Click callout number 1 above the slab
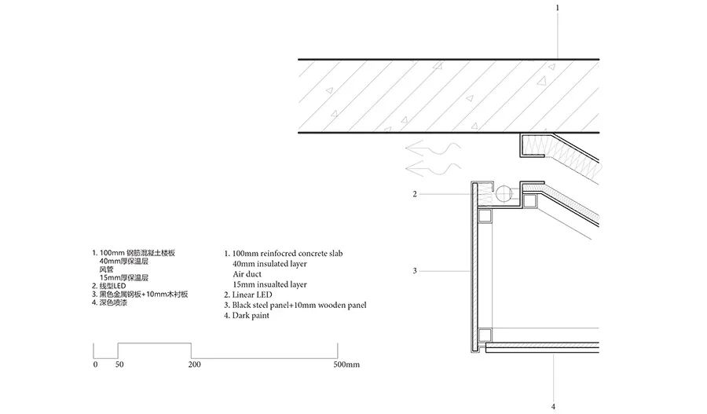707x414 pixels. point(557,8)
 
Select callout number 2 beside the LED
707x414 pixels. point(415,194)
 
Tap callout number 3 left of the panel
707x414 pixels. point(415,271)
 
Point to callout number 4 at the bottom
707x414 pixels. point(554,407)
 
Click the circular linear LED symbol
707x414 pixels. point(504,194)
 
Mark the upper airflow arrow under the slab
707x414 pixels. point(433,148)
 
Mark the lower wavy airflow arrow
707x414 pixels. point(433,169)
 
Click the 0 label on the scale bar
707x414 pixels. point(95,365)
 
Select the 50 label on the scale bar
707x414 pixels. point(119,365)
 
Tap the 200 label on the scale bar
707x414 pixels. point(195,365)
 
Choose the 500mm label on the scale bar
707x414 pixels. point(346,365)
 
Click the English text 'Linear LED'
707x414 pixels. point(252,295)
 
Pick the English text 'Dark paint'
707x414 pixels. point(251,316)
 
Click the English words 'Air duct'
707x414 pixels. point(247,274)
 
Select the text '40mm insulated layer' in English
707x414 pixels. point(269,264)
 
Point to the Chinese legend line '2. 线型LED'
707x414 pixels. point(109,286)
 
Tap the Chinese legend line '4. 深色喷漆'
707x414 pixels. point(109,302)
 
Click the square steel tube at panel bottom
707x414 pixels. point(485,335)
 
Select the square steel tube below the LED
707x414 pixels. point(485,217)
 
